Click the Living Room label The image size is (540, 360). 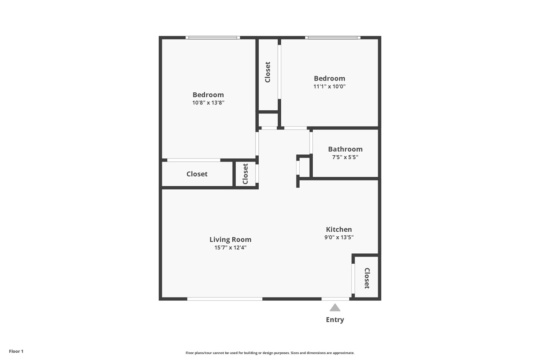230,239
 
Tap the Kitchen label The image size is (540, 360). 339,229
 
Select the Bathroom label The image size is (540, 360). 345,149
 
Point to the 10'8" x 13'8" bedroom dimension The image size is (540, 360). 208,103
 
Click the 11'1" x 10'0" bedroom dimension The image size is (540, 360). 329,86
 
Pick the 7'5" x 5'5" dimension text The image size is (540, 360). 345,157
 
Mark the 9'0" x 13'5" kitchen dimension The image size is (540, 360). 339,237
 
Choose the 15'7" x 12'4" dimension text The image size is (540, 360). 230,247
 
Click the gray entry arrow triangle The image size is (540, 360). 335,308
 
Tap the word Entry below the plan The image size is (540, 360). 335,320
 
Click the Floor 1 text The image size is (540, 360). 16,351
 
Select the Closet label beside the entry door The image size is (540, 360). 367,278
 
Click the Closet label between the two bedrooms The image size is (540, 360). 268,72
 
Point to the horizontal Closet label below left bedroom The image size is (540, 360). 197,174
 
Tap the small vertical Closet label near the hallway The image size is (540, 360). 245,174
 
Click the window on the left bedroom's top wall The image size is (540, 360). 212,38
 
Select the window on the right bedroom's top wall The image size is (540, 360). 333,38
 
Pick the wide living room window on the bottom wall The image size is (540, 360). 225,299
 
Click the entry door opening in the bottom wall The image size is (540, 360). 335,299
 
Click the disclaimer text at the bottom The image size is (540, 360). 270,353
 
